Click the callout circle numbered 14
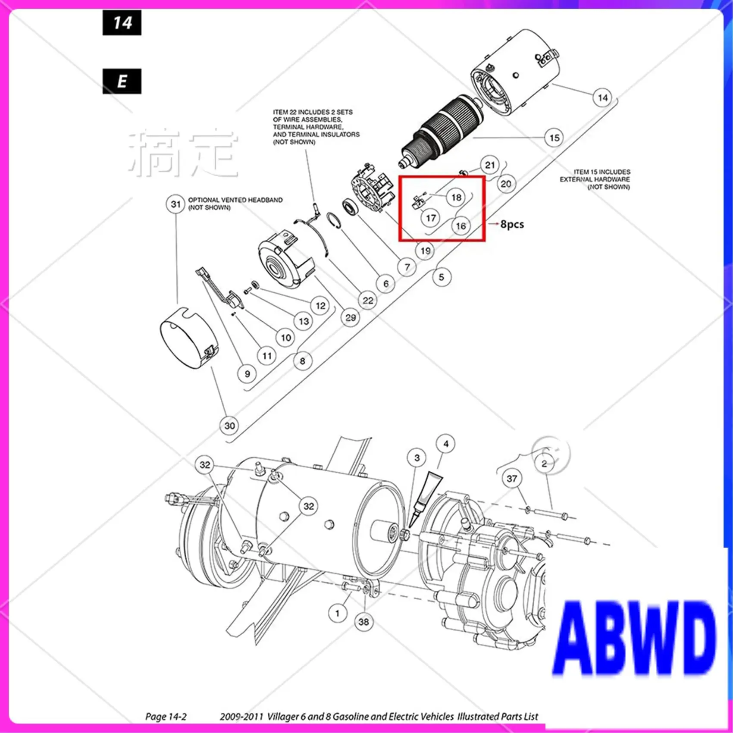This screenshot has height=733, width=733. pyautogui.click(x=602, y=98)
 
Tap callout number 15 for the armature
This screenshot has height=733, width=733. pyautogui.click(x=554, y=138)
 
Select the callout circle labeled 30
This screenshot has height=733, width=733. pyautogui.click(x=229, y=426)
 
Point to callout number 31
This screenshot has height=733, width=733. pyautogui.click(x=175, y=204)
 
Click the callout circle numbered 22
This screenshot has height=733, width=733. pyautogui.click(x=368, y=301)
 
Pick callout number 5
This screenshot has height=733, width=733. pyautogui.click(x=441, y=277)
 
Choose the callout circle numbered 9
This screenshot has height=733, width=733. pyautogui.click(x=247, y=374)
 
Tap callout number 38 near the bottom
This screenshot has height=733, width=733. pyautogui.click(x=363, y=622)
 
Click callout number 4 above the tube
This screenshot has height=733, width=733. pyautogui.click(x=446, y=444)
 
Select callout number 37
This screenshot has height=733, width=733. pyautogui.click(x=512, y=479)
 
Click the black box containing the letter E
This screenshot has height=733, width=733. pyautogui.click(x=122, y=81)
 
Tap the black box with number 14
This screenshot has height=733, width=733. pyautogui.click(x=122, y=23)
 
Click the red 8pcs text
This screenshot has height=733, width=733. pyautogui.click(x=512, y=224)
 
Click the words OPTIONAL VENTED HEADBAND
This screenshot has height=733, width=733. pyautogui.click(x=235, y=200)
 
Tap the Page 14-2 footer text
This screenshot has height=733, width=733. pyautogui.click(x=166, y=717)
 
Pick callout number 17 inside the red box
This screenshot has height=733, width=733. pyautogui.click(x=431, y=218)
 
